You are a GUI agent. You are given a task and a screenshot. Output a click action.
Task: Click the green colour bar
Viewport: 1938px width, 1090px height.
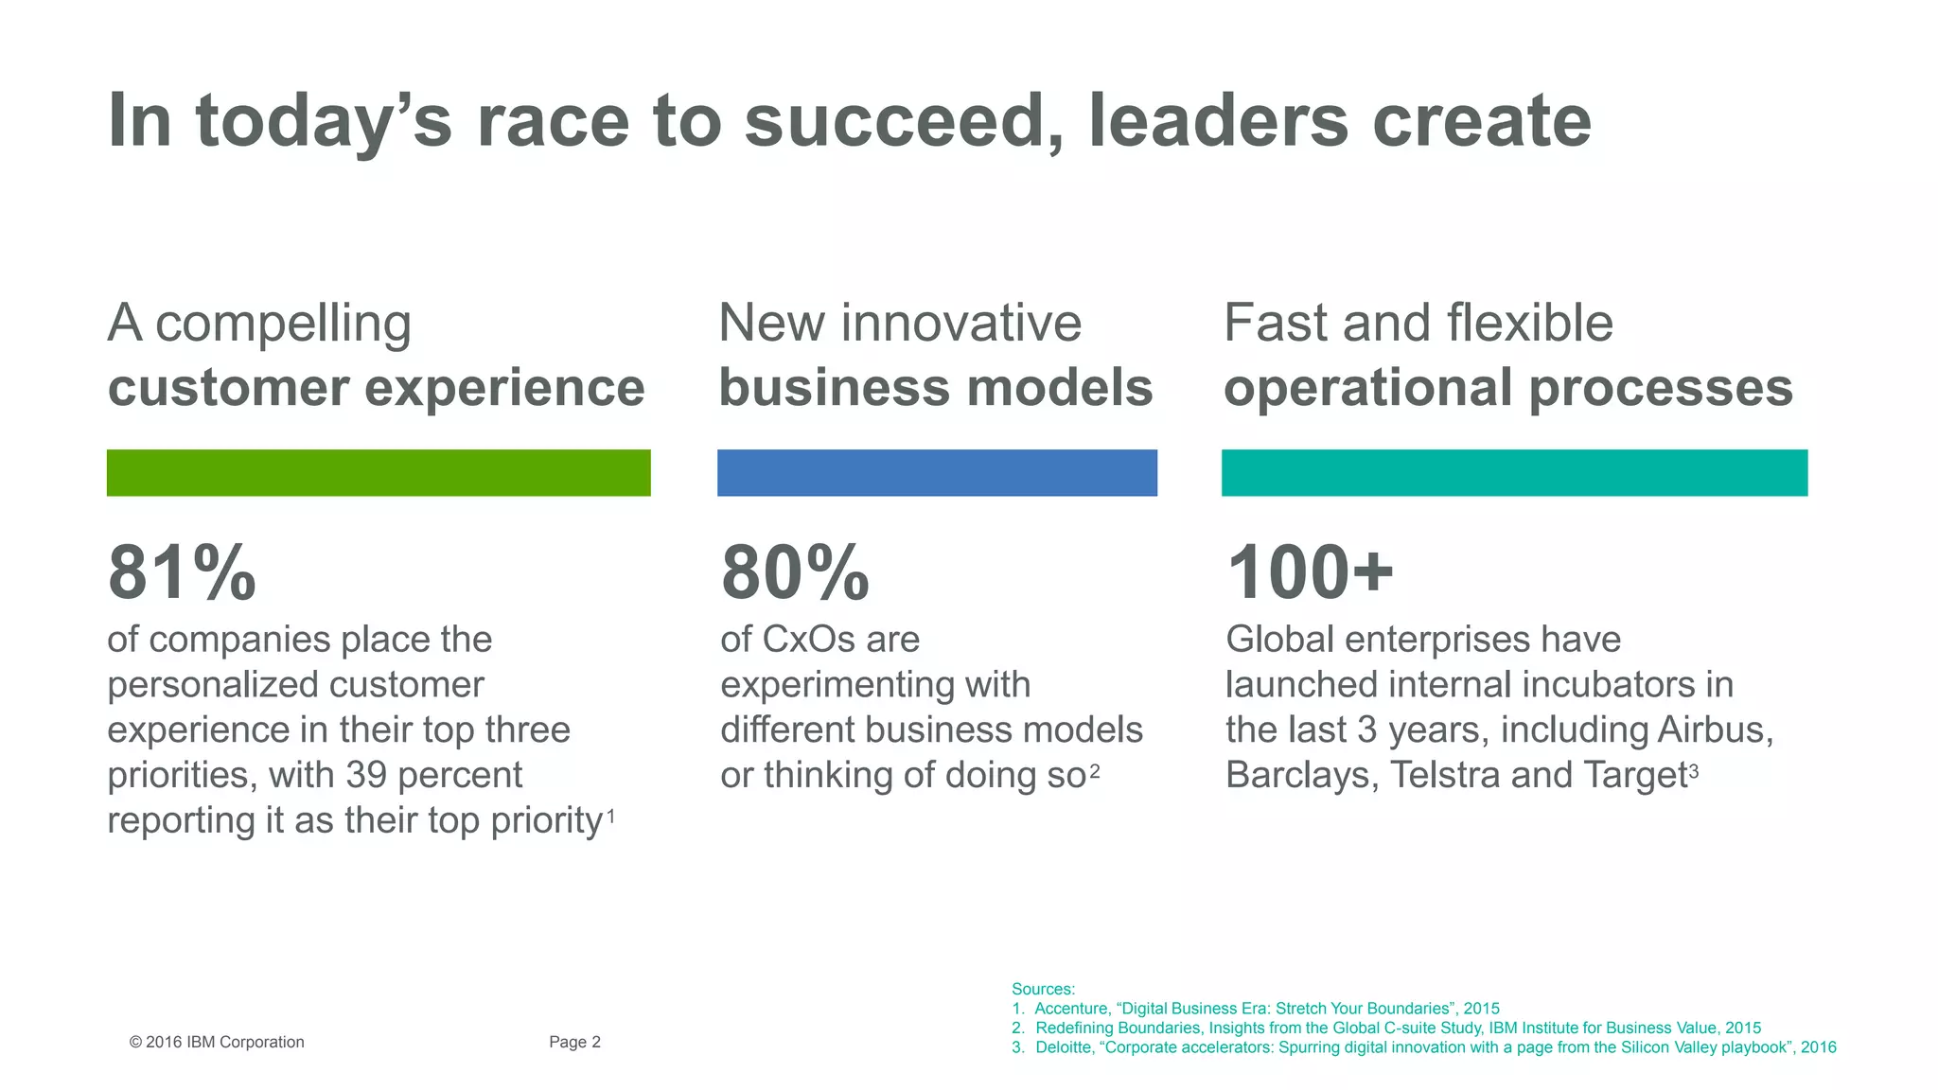379,472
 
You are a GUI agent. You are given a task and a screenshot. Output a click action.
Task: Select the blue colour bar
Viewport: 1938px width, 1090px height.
937,472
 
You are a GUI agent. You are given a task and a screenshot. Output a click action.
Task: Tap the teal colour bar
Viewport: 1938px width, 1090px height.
1514,472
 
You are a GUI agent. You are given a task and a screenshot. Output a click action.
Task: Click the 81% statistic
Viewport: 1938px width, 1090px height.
182,573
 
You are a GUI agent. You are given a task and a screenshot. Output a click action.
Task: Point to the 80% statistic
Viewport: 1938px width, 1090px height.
795,573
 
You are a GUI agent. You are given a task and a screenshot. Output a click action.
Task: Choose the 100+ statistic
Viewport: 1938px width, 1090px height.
1310,573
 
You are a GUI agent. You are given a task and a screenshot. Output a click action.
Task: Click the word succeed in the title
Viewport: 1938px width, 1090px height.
904,121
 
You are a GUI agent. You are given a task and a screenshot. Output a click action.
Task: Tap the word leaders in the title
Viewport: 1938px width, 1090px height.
1219,121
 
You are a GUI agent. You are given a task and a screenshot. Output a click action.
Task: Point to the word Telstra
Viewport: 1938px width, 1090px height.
1445,775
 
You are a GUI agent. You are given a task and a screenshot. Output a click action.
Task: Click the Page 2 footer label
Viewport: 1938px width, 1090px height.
574,1042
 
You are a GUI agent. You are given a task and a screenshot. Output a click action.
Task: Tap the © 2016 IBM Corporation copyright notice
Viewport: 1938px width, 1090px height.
217,1042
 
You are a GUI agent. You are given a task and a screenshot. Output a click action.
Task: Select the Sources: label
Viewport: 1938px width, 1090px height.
1043,989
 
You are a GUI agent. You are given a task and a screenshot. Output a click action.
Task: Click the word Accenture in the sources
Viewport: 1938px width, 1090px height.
1071,1009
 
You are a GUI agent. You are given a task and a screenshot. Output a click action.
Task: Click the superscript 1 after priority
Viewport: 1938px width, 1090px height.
611,815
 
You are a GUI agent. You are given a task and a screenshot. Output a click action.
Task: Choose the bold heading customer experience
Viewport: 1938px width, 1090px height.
376,388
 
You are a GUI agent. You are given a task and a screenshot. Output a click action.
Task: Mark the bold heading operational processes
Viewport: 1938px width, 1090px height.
1508,388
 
